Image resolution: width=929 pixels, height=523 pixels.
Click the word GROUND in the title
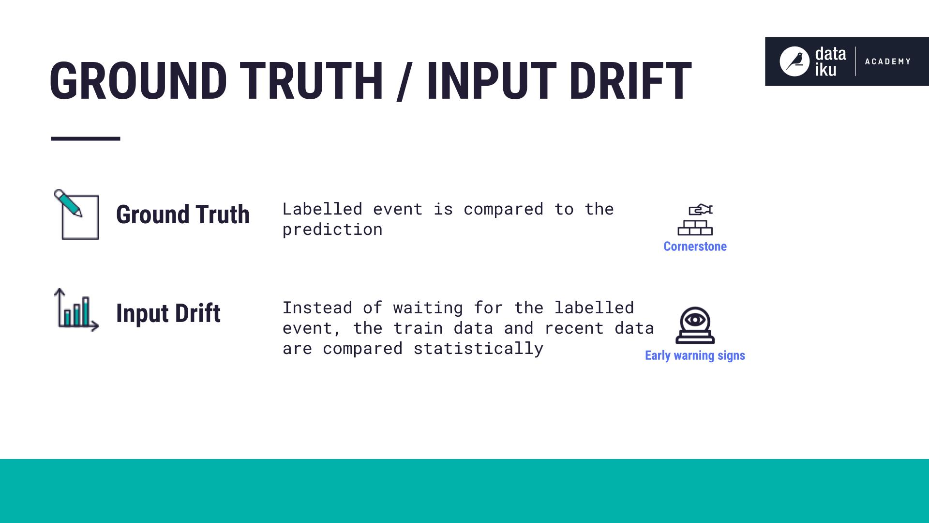[x=138, y=81]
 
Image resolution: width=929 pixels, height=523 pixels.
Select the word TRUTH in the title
[x=311, y=81]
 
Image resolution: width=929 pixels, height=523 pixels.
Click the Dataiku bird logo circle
[x=794, y=62]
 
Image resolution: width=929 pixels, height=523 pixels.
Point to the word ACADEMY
[x=887, y=62]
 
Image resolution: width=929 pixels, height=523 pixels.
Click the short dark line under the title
[x=85, y=139]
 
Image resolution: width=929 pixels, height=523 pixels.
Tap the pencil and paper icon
[x=76, y=215]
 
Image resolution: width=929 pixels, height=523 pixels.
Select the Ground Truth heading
[x=183, y=215]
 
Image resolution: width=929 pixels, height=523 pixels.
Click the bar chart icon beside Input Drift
[x=76, y=310]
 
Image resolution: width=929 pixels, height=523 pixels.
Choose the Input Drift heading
[x=168, y=313]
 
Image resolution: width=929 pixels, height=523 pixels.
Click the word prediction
[x=332, y=230]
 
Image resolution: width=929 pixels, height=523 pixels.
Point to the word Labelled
[x=322, y=209]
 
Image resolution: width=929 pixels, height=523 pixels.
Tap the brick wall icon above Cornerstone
[x=695, y=220]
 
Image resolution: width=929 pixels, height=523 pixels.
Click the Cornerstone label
[x=695, y=246]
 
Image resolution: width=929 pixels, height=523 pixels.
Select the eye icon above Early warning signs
[x=695, y=324]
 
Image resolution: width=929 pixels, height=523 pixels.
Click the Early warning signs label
[x=695, y=355]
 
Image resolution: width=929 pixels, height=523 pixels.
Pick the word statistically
[x=478, y=349]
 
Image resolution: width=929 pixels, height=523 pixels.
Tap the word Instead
[x=317, y=308]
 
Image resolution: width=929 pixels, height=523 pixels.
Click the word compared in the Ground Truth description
[x=503, y=209]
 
